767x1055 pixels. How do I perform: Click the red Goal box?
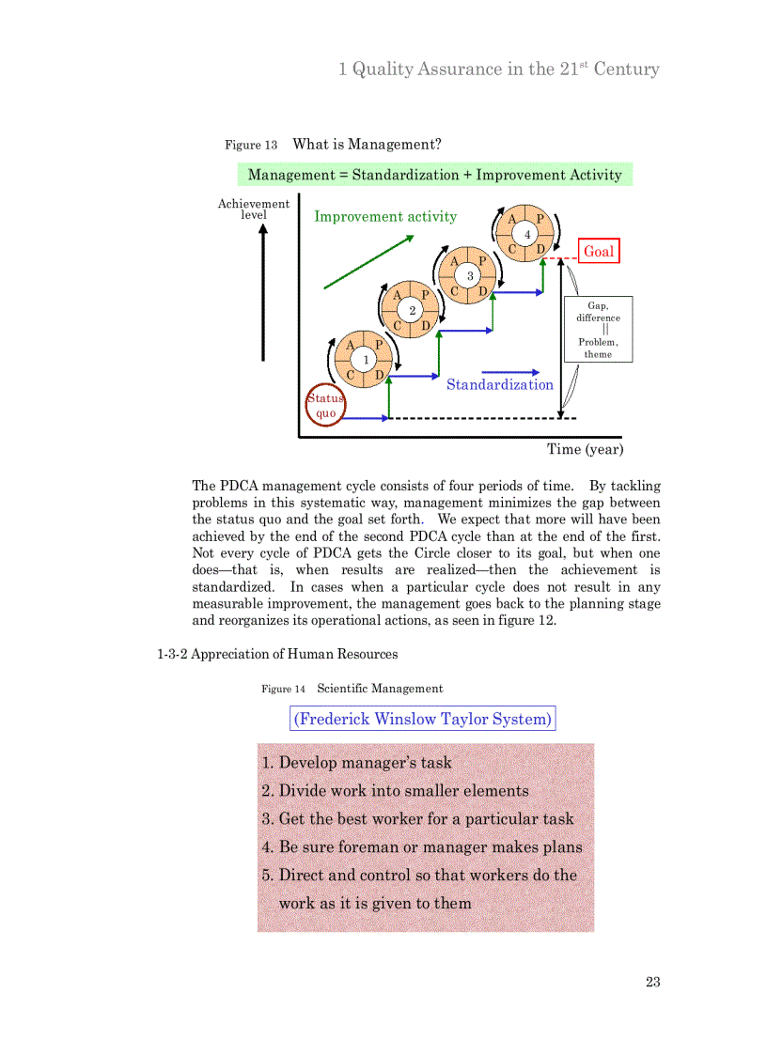[x=599, y=251]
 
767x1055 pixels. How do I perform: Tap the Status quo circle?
[x=325, y=406]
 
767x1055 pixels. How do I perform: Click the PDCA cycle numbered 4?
[x=526, y=234]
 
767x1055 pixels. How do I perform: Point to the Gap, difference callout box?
[x=598, y=329]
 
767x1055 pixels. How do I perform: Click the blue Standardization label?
[x=499, y=384]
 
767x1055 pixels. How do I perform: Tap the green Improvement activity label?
[x=385, y=216]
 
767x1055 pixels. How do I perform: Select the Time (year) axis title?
[x=585, y=449]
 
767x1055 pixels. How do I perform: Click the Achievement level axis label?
[x=254, y=209]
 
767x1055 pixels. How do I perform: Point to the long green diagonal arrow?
[x=368, y=261]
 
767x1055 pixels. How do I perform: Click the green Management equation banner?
[x=434, y=175]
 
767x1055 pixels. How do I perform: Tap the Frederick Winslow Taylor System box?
[x=423, y=719]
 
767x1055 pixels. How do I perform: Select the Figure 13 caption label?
[x=251, y=145]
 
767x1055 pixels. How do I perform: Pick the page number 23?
[x=652, y=982]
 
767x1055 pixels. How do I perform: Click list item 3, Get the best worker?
[x=417, y=818]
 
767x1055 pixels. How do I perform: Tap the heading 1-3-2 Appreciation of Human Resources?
[x=277, y=654]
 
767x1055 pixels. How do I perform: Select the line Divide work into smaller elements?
[x=395, y=791]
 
